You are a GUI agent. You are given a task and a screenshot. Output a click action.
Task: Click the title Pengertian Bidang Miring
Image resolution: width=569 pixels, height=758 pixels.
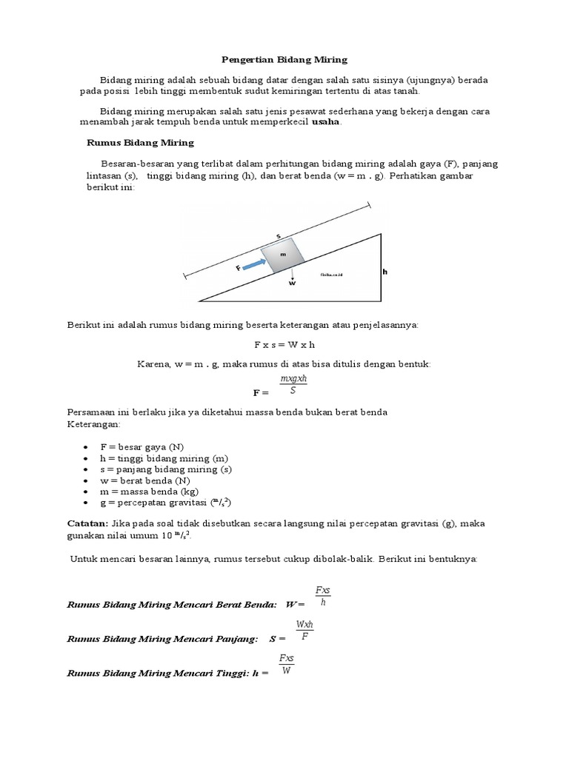coord(284,58)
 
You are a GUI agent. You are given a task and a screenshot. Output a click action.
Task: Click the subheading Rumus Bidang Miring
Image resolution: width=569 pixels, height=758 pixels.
coord(140,142)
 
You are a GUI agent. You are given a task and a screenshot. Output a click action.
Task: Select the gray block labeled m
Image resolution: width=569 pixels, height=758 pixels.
coord(282,254)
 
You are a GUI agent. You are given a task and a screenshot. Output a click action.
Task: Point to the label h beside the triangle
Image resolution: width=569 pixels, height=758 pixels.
coord(385,272)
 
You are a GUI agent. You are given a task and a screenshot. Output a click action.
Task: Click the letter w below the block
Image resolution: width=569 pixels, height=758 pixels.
coord(292,283)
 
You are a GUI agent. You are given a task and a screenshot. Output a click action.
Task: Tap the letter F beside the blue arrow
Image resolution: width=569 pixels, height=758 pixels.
coord(238,268)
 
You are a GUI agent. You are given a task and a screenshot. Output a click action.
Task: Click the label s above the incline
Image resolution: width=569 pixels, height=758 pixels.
coord(279,236)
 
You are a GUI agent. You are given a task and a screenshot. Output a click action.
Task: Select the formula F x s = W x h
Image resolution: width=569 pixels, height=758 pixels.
coord(284,344)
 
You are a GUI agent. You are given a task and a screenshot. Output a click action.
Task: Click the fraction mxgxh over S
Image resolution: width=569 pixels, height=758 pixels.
coord(293,385)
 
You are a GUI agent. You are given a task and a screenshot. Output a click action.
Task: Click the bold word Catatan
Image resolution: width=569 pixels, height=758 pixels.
coord(87,523)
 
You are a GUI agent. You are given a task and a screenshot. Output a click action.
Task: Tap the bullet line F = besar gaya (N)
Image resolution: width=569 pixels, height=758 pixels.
coord(142,448)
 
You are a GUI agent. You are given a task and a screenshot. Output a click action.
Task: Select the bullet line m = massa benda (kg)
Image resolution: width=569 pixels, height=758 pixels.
coord(148,491)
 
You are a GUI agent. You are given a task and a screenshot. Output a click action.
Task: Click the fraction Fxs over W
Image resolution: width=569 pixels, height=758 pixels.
coord(286,664)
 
